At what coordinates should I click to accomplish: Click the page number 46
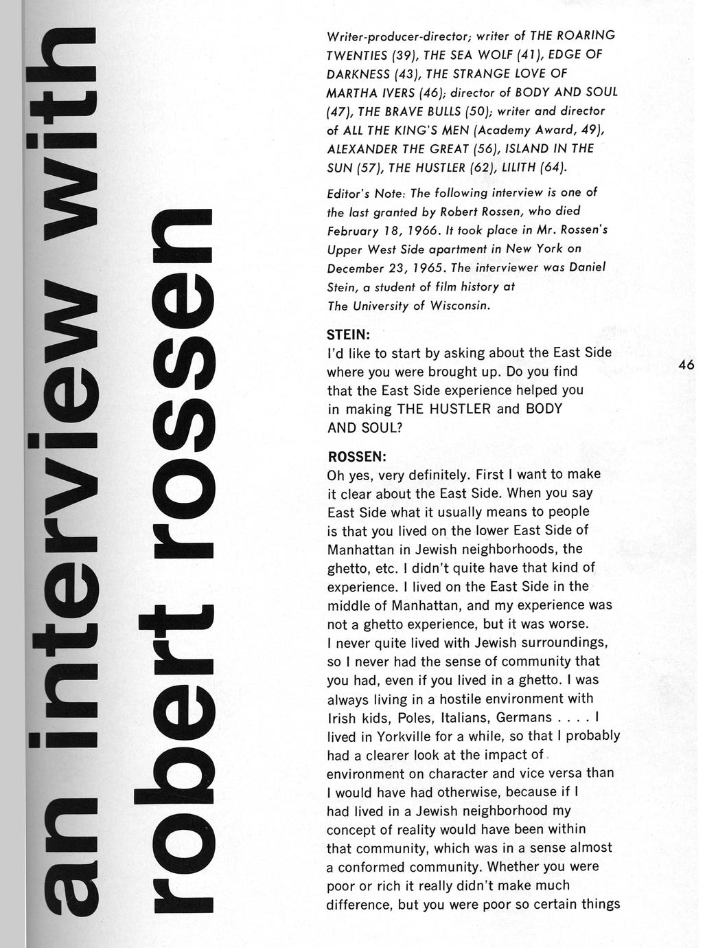[686, 365]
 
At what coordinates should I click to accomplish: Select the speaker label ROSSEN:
[357, 456]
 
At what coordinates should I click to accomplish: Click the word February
[354, 230]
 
